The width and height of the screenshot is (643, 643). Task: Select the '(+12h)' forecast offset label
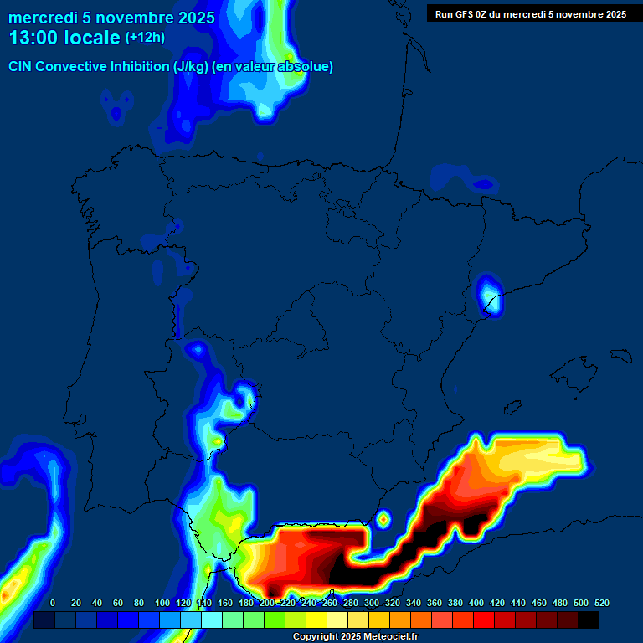click(145, 38)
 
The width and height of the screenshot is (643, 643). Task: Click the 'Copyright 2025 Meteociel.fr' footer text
click(355, 637)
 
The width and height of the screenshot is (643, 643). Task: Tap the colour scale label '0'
click(54, 603)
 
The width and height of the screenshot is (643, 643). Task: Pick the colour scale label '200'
click(267, 603)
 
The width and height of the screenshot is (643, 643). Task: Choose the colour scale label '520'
click(602, 603)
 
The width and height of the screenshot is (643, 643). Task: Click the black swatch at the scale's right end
click(589, 620)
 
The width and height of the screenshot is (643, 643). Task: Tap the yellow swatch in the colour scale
click(316, 620)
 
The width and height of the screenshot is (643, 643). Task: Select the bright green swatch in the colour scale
click(275, 620)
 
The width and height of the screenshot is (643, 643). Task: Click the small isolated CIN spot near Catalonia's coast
click(491, 296)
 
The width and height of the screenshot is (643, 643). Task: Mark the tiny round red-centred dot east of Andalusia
click(384, 519)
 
